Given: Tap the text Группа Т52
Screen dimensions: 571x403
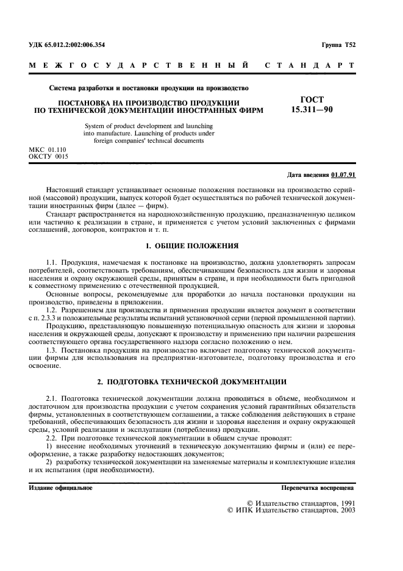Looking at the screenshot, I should click(338, 46).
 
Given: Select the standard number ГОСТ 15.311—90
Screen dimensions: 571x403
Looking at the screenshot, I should click(312, 104).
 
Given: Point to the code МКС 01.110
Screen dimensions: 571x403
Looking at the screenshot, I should click(48, 149).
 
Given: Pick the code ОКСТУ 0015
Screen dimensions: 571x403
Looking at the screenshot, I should click(49, 156).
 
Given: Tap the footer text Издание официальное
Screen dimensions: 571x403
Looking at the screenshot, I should click(61, 488).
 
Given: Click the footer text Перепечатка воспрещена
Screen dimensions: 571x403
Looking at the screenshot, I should click(317, 488).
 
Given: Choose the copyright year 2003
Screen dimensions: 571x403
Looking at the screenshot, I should click(343, 510).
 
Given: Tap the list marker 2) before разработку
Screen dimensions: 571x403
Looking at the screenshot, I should click(50, 463).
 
